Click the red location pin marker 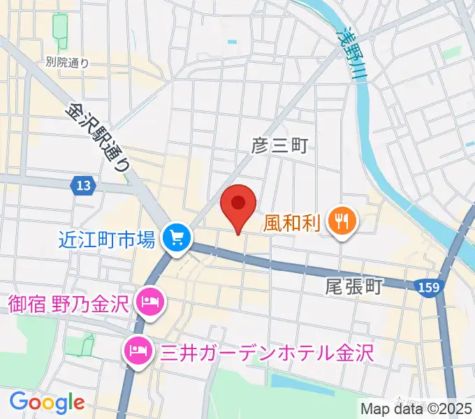[x=238, y=205]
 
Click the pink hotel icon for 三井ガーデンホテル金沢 [x=136, y=348]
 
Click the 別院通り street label [x=67, y=63]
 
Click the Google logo [x=47, y=402]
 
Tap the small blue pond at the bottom [x=293, y=381]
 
